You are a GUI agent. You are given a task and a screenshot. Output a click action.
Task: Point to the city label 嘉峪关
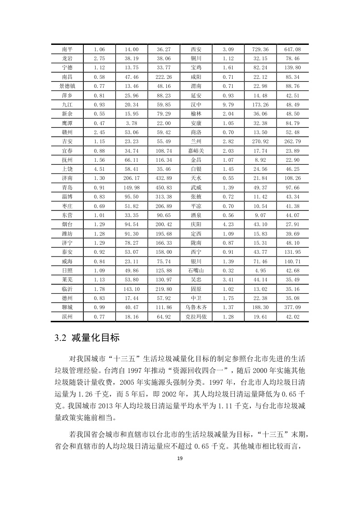point(196,150)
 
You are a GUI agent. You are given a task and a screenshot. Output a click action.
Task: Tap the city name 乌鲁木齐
point(196,307)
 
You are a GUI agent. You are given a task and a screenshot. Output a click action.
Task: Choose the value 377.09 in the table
point(292,307)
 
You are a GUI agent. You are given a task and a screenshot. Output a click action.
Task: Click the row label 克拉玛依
point(196,316)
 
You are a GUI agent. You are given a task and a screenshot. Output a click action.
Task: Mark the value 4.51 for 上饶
point(99,169)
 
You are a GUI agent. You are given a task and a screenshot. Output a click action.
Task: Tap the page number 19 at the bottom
point(180,459)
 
